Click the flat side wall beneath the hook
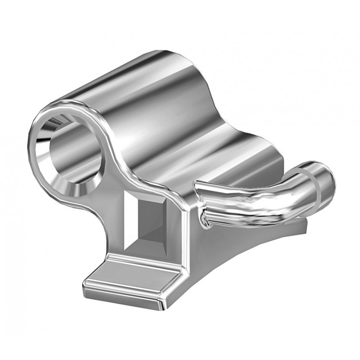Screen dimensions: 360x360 (x=234, y=252)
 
